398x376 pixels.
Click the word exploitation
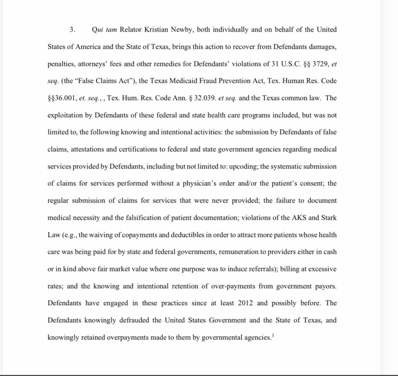65,115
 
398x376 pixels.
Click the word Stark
328,218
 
